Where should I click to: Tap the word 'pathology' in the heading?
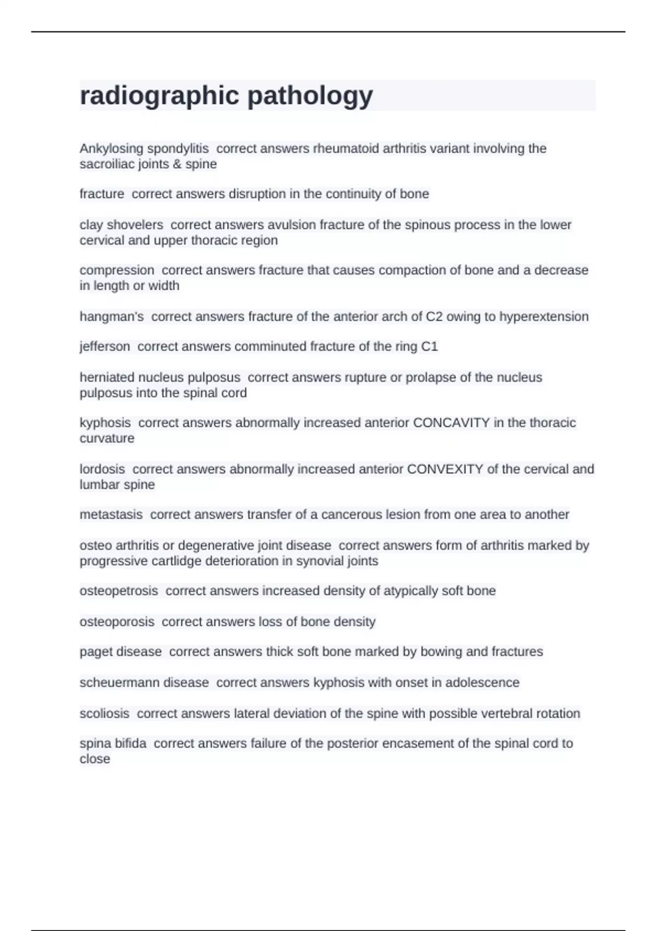[x=310, y=96]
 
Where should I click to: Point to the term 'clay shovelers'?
[x=121, y=225]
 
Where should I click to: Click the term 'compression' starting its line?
[x=117, y=270]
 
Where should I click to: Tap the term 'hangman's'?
[x=112, y=317]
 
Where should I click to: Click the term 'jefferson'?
[x=105, y=347]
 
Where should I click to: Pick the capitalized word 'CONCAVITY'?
[x=451, y=423]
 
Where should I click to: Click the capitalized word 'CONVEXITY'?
[x=445, y=469]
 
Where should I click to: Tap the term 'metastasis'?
[x=111, y=515]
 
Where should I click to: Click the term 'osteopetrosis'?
[x=118, y=591]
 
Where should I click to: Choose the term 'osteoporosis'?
[x=117, y=622]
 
